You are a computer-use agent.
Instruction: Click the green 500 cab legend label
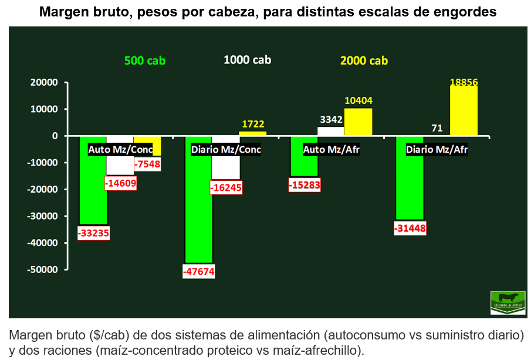144,60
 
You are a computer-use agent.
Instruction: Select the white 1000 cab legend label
247,59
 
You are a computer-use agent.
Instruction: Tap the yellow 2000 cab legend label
364,60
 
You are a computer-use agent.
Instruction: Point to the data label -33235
93,233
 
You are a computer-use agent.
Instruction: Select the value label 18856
464,82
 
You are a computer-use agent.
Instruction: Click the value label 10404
358,101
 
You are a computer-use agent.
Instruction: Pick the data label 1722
252,124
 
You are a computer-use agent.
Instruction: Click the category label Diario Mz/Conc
226,150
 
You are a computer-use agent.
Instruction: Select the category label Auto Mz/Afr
331,150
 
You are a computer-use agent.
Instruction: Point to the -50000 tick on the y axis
44,270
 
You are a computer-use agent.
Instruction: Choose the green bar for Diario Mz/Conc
199,206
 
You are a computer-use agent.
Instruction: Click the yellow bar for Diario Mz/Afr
464,112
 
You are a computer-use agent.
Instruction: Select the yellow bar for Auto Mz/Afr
358,122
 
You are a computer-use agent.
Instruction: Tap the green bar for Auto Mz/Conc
93,188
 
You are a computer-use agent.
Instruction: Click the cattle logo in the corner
508,302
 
